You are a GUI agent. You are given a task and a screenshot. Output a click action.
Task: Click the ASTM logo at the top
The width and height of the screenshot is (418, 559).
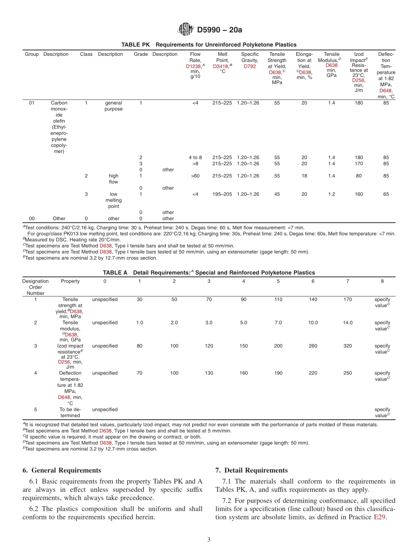pos(185,29)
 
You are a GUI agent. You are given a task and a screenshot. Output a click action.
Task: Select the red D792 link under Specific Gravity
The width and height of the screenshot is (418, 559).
pos(249,66)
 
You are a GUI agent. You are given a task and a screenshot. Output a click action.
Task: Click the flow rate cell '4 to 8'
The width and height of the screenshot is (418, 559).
pos(195,157)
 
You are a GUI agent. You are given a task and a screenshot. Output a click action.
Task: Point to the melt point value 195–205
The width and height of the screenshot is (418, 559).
pos(222,194)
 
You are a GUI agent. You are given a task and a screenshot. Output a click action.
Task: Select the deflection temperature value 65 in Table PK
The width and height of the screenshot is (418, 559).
pos(386,194)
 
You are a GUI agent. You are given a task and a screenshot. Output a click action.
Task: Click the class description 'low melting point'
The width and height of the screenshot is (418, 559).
pos(114,200)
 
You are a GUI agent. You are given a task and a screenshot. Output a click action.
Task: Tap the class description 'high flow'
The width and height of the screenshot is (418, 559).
pos(114,179)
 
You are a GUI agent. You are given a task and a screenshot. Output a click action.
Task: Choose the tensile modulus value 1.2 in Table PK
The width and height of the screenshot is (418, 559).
pos(331,194)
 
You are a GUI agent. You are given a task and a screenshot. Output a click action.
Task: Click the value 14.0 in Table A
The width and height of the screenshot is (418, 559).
pos(348,323)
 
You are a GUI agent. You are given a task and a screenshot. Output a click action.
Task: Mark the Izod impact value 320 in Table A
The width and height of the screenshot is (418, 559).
pos(348,346)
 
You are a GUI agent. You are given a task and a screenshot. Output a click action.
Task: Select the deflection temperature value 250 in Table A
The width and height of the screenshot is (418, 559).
pos(348,373)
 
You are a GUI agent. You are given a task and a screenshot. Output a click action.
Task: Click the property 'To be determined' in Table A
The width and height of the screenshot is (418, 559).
pos(70,412)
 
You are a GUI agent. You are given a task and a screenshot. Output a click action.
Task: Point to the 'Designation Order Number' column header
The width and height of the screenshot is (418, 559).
pos(36,287)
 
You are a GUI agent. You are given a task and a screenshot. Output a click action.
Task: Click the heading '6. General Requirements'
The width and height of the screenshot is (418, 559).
pos(62,470)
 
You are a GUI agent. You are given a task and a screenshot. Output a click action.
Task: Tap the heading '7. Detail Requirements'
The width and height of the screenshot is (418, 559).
pos(251,470)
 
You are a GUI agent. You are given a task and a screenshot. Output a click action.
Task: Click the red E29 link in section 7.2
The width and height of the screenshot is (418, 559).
pos(380,517)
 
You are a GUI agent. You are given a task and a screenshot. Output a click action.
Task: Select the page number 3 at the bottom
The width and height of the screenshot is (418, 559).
pos(209,540)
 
